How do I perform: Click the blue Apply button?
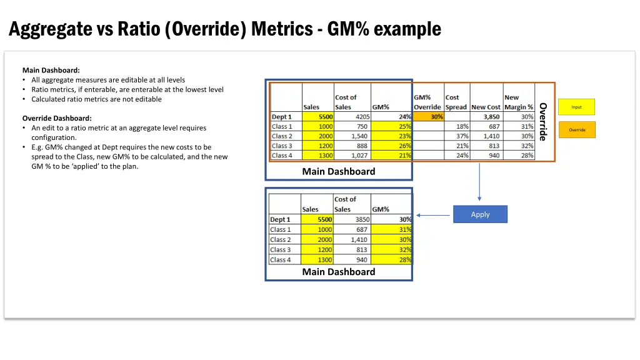click(x=480, y=214)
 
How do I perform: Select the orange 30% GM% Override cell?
click(x=429, y=117)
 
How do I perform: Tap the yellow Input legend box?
click(x=576, y=107)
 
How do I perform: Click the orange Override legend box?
click(x=576, y=130)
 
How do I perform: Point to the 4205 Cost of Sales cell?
click(x=352, y=117)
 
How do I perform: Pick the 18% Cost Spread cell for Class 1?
click(x=457, y=126)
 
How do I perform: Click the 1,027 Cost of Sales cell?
click(x=352, y=156)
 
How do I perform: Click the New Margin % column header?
click(x=519, y=102)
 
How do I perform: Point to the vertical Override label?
click(x=543, y=121)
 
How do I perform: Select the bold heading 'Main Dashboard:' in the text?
click(x=51, y=70)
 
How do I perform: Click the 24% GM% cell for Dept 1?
click(x=392, y=117)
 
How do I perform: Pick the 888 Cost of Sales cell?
click(x=352, y=146)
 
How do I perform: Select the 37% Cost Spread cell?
click(x=457, y=136)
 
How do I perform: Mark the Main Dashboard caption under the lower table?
click(x=339, y=272)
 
